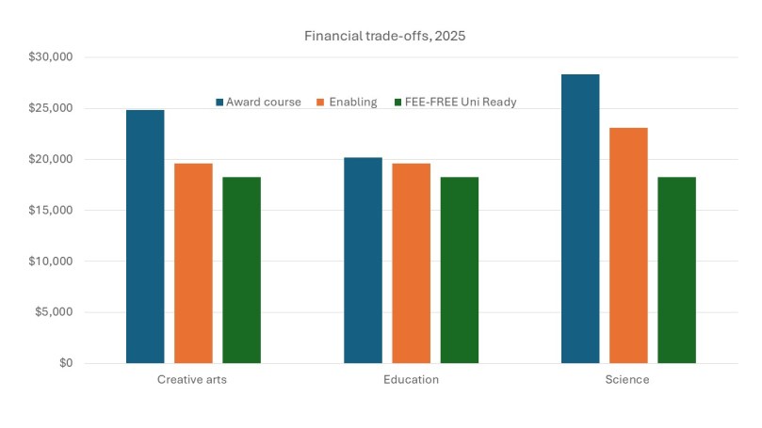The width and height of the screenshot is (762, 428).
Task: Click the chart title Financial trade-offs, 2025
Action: point(381,36)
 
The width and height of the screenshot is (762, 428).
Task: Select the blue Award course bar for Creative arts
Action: point(145,236)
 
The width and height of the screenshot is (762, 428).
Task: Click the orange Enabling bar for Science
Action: point(628,245)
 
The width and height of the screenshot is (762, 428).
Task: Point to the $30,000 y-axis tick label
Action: point(50,57)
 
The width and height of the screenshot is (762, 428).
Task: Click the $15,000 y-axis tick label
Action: point(50,211)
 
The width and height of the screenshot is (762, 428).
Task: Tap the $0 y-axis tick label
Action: point(63,363)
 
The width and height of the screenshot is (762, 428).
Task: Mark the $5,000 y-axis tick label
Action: point(53,312)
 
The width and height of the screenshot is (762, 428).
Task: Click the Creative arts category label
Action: point(193,380)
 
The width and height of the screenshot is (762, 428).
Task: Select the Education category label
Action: point(411,380)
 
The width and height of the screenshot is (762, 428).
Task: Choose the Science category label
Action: point(628,380)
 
